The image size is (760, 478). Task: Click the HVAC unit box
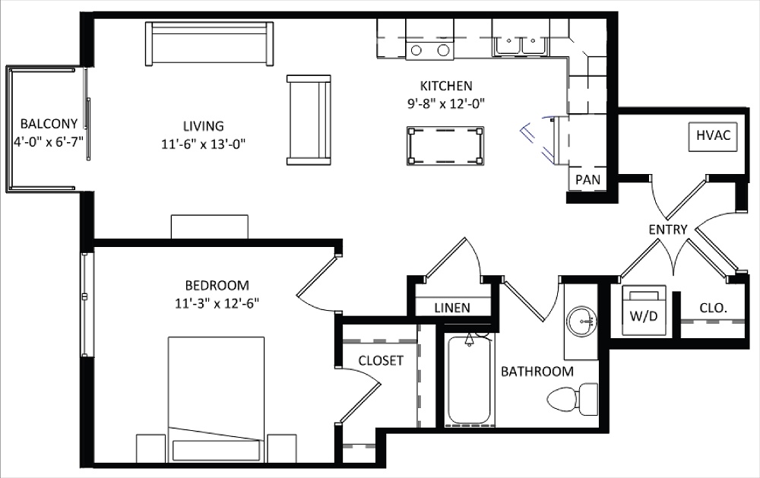(713, 136)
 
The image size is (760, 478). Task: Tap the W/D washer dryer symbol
(644, 311)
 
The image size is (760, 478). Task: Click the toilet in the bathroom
(575, 397)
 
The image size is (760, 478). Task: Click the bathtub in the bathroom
(469, 380)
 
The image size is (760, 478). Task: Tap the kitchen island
(446, 144)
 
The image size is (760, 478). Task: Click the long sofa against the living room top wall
(210, 45)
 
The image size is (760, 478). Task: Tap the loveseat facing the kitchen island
(309, 120)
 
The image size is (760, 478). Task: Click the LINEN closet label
(451, 308)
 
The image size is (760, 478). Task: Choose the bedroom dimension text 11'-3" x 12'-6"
(217, 303)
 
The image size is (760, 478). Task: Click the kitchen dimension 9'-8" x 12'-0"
(446, 103)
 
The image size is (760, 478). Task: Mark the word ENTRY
(668, 229)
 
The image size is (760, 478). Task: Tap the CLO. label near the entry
(713, 309)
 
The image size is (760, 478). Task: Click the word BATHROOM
(537, 372)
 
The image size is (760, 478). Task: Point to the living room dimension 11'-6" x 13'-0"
(203, 143)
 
